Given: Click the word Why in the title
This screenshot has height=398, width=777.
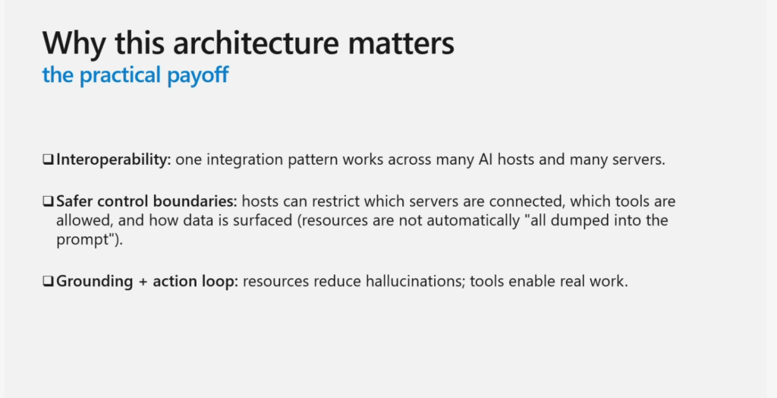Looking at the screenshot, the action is (74, 43).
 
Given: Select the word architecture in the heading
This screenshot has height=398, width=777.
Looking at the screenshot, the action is (256, 43).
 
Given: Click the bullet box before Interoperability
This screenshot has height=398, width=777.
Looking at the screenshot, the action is (48, 160).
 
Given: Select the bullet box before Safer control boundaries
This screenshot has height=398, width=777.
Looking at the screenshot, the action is (48, 201).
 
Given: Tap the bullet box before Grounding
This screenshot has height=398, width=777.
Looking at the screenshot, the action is (48, 281).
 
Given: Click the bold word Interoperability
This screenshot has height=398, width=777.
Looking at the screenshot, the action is (114, 160).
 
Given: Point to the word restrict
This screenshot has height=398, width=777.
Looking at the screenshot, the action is (336, 201).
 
